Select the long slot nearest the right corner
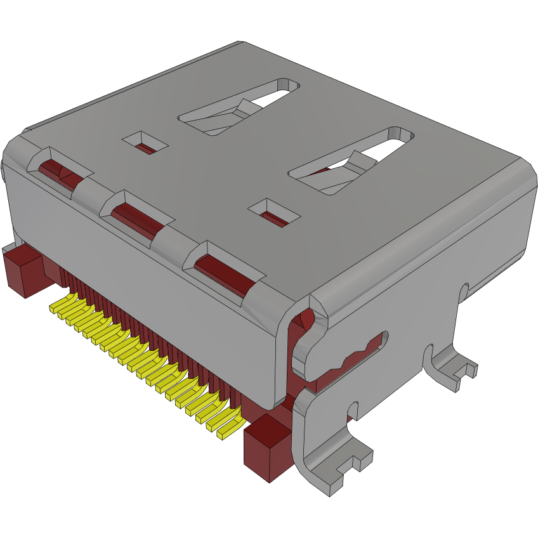pyautogui.click(x=352, y=162)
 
